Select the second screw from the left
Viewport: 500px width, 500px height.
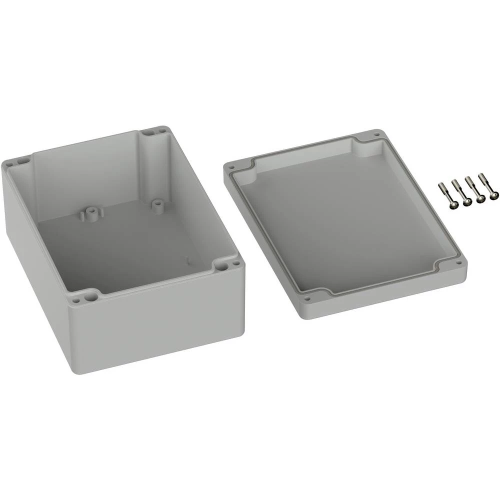pyautogui.click(x=467, y=201)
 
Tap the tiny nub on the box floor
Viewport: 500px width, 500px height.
pyautogui.click(x=188, y=259)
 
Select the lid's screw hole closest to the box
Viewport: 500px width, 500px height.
pyautogui.click(x=231, y=166)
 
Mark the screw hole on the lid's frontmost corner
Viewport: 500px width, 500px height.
pyautogui.click(x=308, y=299)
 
